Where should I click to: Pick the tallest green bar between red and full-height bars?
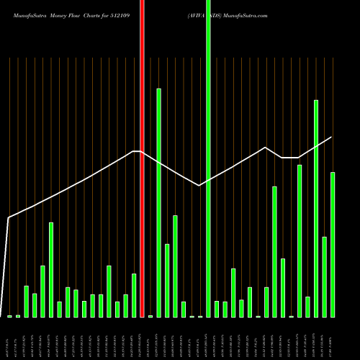[x=158, y=202]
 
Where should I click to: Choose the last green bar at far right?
[x=333, y=244]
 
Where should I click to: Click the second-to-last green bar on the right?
[x=324, y=276]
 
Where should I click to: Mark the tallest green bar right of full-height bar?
[x=316, y=208]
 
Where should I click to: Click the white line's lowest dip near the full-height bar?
[x=199, y=186]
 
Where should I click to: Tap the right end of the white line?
[x=332, y=138]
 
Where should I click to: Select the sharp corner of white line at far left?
[x=9, y=217]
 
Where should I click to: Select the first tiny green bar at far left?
[x=9, y=316]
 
